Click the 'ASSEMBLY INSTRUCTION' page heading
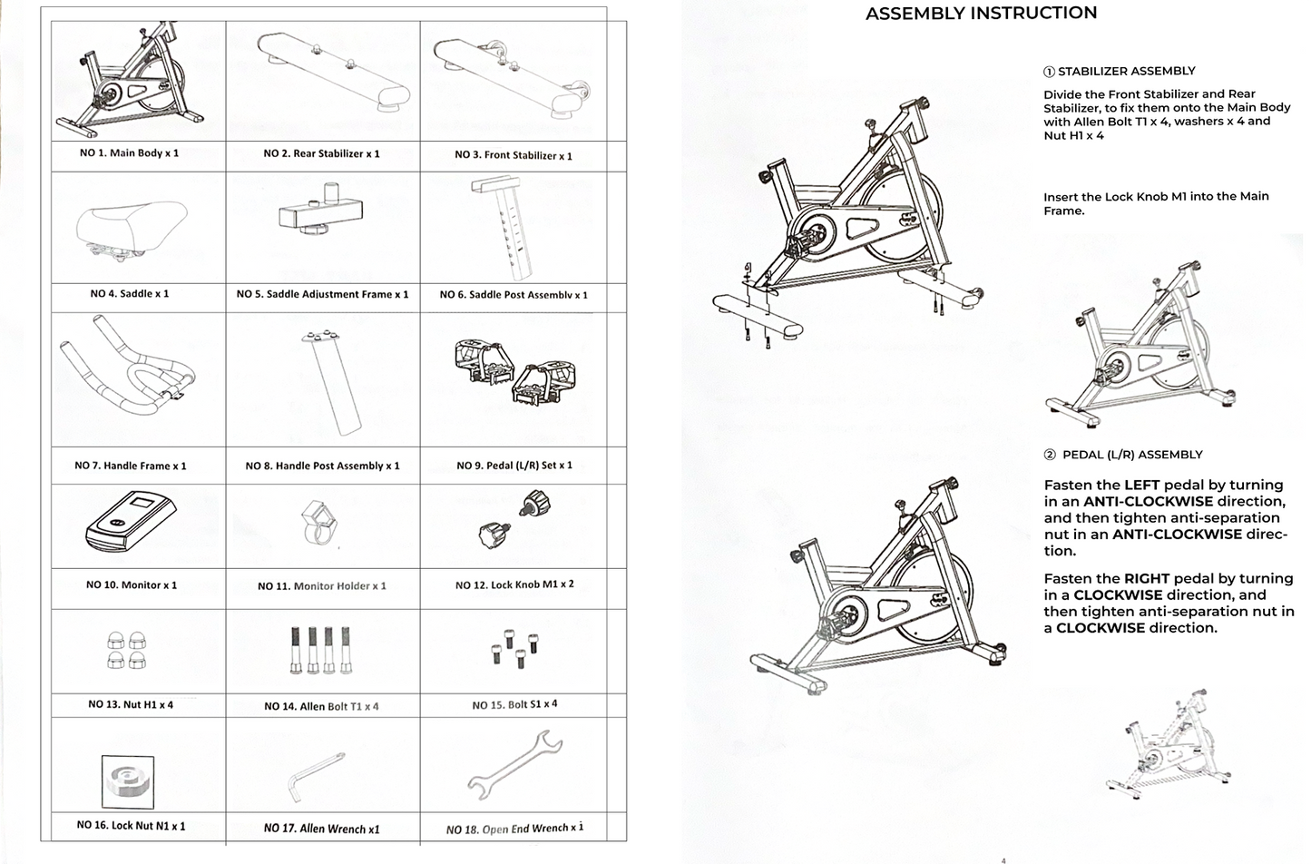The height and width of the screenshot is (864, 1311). (981, 14)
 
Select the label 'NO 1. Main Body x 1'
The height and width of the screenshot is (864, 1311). (129, 153)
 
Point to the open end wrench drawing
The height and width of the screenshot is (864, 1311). (514, 765)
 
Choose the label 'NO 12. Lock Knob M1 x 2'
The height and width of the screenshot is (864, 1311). (514, 585)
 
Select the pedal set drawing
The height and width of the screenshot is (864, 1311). (514, 372)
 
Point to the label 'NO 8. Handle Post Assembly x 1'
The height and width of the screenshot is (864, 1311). (322, 466)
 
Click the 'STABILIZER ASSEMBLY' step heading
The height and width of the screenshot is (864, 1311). (1126, 71)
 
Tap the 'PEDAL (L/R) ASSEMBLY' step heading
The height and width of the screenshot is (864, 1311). (1131, 455)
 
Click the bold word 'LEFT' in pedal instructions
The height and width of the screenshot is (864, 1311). (1141, 486)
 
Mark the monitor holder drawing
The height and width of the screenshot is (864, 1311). (319, 522)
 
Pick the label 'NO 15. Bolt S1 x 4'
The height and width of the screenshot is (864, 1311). (514, 705)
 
